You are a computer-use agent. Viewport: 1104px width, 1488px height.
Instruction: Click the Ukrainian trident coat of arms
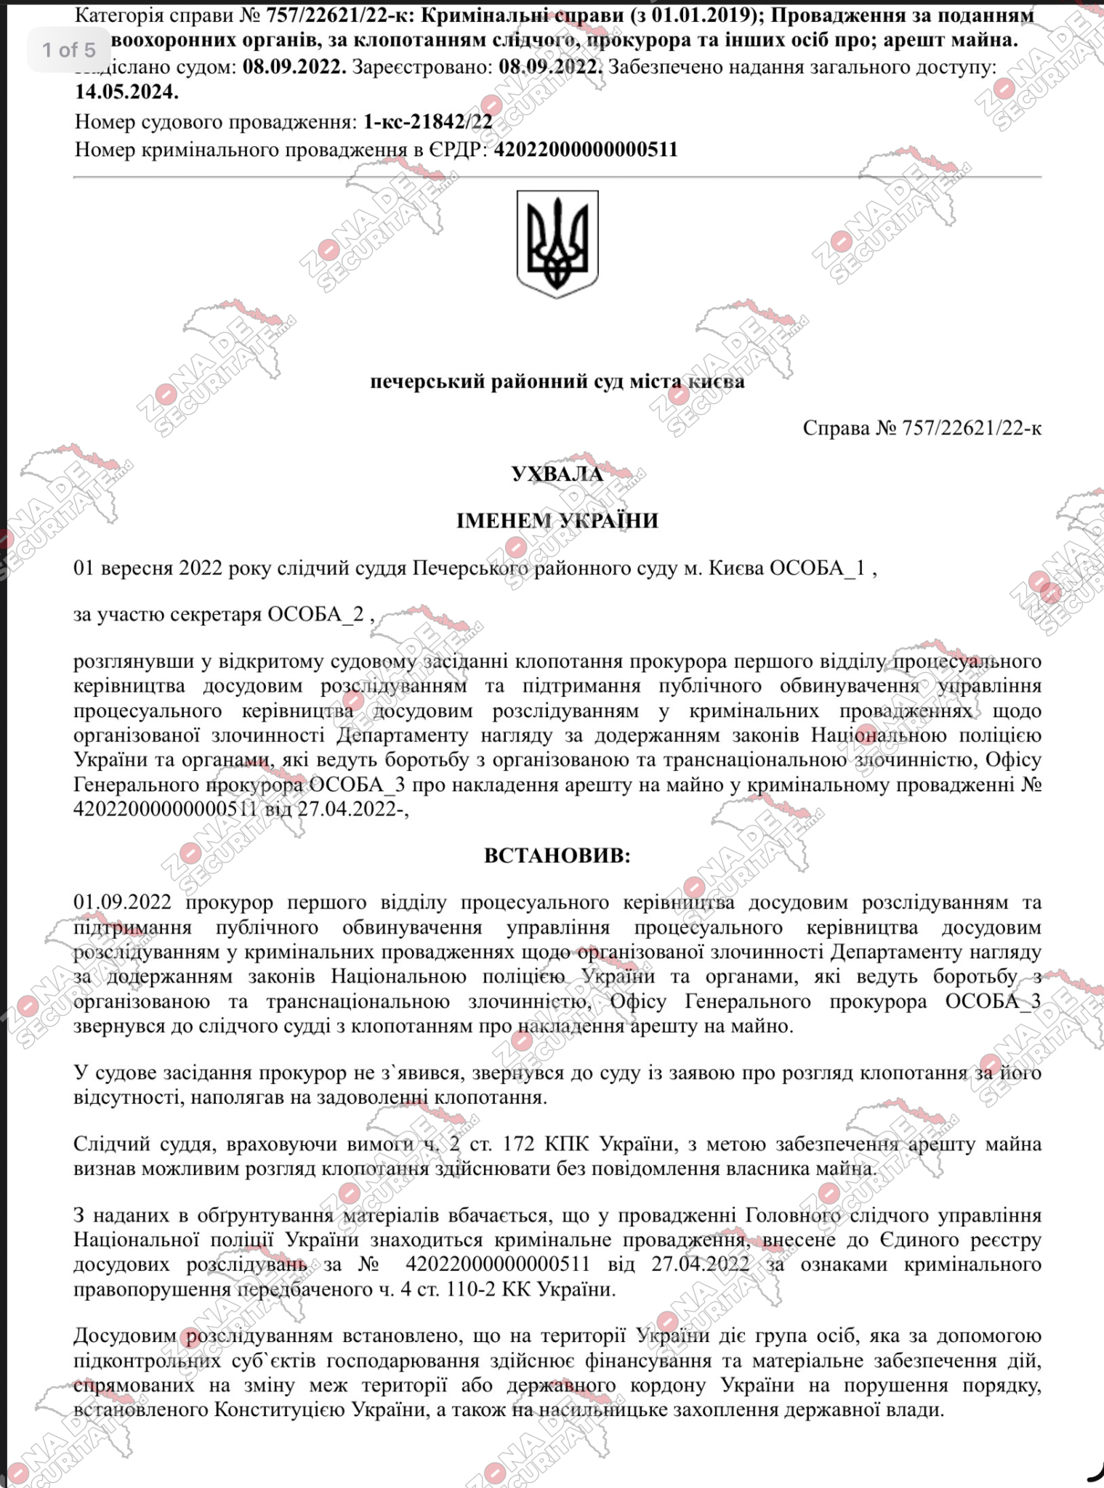click(557, 244)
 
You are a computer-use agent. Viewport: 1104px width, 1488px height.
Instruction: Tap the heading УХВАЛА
click(557, 474)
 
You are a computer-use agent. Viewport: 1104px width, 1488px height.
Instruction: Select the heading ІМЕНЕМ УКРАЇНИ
click(557, 521)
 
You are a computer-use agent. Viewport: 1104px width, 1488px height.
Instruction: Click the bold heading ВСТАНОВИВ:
click(557, 855)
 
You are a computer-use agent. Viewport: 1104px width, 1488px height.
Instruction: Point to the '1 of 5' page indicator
click(69, 49)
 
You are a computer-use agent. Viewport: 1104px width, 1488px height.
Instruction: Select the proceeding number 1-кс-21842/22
click(427, 122)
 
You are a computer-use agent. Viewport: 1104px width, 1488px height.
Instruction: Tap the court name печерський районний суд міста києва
click(557, 381)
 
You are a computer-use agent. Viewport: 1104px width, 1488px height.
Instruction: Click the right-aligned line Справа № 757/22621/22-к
click(922, 428)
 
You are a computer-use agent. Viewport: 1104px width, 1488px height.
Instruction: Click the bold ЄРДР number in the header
click(585, 150)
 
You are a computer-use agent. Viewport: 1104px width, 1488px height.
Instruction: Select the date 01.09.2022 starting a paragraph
click(122, 902)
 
